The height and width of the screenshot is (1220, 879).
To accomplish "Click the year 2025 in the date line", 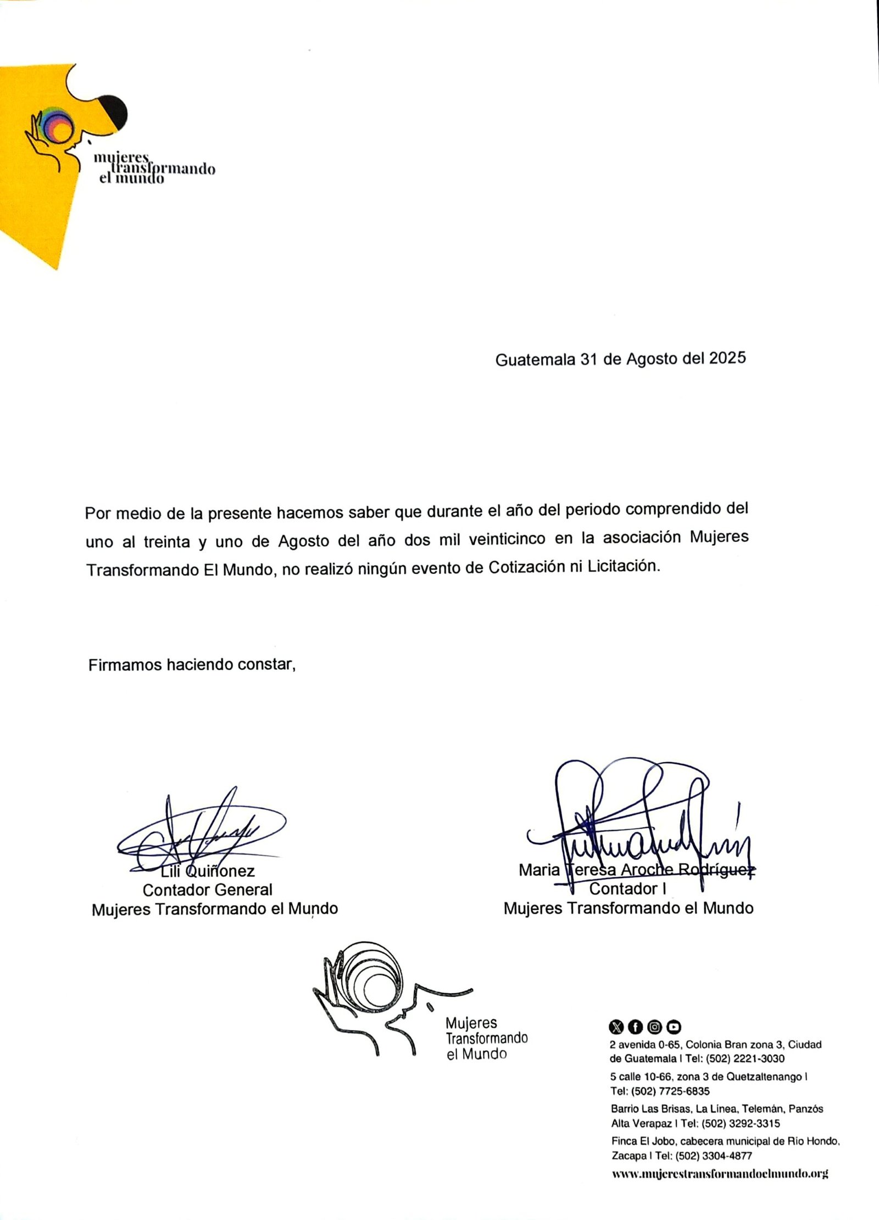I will (727, 359).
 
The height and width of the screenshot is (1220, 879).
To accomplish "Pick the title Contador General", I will (208, 890).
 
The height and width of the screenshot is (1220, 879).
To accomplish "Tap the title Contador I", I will (627, 889).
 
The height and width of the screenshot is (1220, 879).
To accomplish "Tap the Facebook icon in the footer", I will (636, 1026).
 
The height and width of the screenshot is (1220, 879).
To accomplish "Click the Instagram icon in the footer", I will (654, 1026).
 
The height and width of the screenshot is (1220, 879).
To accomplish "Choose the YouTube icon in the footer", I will (674, 1026).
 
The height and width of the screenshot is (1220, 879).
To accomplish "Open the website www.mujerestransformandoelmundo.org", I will (720, 1174).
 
